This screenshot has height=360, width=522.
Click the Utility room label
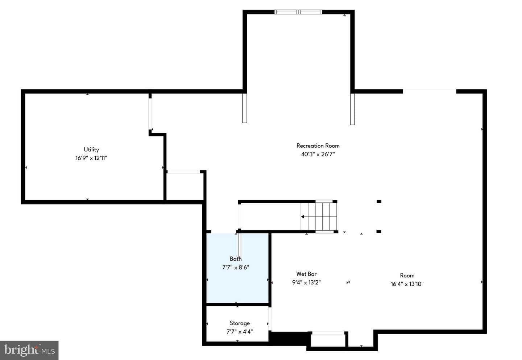pyautogui.click(x=91, y=150)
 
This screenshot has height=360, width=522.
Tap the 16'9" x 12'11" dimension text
pyautogui.click(x=91, y=158)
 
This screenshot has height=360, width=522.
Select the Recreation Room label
pyautogui.click(x=318, y=146)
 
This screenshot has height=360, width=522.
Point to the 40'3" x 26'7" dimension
pyautogui.click(x=318, y=154)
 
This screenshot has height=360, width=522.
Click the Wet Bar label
pyautogui.click(x=306, y=274)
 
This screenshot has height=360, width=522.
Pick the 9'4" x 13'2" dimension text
pyautogui.click(x=306, y=282)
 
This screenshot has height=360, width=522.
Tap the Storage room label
pyautogui.click(x=240, y=323)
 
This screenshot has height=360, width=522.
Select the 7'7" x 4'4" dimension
pyautogui.click(x=240, y=332)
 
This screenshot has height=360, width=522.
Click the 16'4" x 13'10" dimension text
pyautogui.click(x=407, y=284)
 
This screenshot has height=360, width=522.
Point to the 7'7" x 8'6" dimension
pyautogui.click(x=236, y=267)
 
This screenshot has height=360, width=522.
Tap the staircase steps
pyautogui.click(x=319, y=217)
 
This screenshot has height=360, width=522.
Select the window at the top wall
pyautogui.click(x=298, y=12)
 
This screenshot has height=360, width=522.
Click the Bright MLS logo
pyautogui.click(x=29, y=350)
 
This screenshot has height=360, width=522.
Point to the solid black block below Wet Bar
pyautogui.click(x=289, y=338)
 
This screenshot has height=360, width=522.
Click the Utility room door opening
pyautogui.click(x=150, y=114)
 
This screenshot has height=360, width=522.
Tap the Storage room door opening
pyautogui.click(x=270, y=319)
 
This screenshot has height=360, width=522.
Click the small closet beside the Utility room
pyautogui.click(x=185, y=187)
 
